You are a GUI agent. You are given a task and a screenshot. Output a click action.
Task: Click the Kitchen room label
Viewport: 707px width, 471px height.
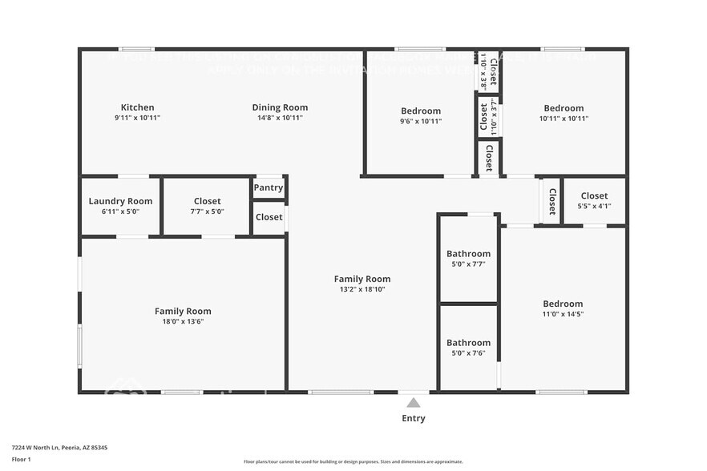[x=137, y=107]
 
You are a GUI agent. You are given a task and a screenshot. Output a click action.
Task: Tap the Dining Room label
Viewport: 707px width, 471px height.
[x=280, y=107]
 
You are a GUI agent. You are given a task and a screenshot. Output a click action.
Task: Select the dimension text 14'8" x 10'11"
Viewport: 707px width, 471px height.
[x=280, y=118]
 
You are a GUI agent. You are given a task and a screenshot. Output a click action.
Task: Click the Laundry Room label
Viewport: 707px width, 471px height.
[x=120, y=201]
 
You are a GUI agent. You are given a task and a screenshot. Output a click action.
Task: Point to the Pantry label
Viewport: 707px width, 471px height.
[x=269, y=187]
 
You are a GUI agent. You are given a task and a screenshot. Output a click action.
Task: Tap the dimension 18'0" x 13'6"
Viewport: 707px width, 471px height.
[x=183, y=321]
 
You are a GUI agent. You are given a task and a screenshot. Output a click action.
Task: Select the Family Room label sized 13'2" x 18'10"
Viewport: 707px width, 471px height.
[x=362, y=279]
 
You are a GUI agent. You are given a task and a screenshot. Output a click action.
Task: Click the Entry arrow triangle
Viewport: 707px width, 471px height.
[x=413, y=403]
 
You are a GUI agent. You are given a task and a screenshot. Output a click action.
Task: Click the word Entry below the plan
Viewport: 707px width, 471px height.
[x=414, y=418]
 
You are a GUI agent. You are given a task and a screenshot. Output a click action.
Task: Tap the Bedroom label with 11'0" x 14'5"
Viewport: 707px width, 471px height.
[x=563, y=304]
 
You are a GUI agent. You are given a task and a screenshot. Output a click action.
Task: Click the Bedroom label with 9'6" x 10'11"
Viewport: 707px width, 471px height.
[x=421, y=111]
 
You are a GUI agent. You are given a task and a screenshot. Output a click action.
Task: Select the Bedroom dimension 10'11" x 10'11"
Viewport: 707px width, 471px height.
[x=564, y=119]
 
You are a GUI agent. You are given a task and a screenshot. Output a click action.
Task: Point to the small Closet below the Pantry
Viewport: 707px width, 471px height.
[x=269, y=217]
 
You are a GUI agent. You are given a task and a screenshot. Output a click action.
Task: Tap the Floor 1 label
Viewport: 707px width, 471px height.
[x=22, y=459]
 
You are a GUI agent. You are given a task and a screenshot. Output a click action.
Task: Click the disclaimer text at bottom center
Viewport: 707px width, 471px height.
[x=353, y=461]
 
